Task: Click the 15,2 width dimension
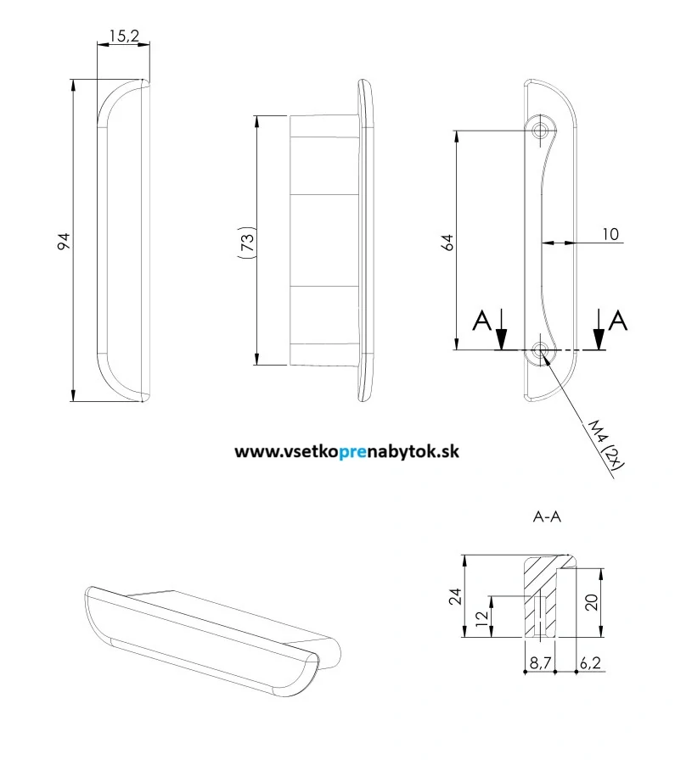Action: [124, 36]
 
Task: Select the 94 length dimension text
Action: [63, 242]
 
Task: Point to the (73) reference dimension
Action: [246, 241]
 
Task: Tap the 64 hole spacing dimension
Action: [447, 242]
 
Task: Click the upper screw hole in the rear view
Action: [541, 130]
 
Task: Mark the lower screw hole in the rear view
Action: [541, 349]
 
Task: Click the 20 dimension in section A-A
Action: [591, 602]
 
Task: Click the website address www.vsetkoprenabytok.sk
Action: [346, 452]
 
